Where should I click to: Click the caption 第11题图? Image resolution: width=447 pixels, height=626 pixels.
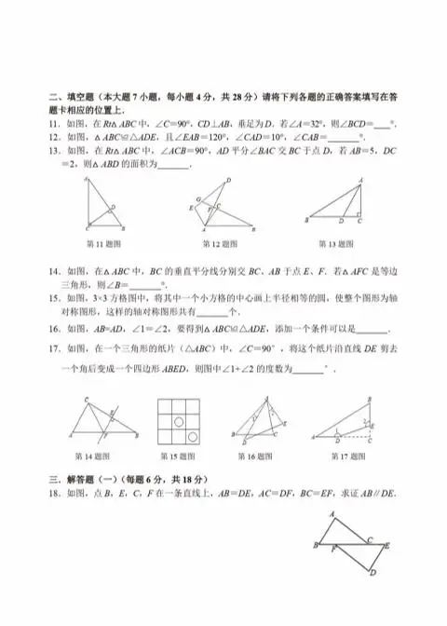(102, 245)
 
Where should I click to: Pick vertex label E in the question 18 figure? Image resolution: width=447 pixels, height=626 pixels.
(386, 545)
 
